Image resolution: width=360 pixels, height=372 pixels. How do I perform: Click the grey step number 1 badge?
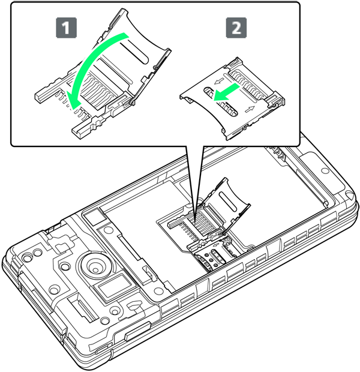(x=66, y=28)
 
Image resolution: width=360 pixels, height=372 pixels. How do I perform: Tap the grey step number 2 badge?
(x=236, y=28)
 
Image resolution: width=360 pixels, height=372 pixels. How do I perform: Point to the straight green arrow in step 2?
(x=227, y=92)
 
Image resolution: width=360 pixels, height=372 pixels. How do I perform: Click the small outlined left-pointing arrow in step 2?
(x=219, y=82)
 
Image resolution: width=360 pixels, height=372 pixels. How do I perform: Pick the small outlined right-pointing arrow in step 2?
(x=250, y=109)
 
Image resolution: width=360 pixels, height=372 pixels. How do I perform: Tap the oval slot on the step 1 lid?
(x=134, y=52)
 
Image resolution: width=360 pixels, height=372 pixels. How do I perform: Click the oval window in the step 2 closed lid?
(x=220, y=102)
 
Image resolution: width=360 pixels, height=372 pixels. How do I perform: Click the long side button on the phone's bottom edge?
(x=137, y=331)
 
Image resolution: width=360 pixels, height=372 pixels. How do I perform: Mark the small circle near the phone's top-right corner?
(x=325, y=170)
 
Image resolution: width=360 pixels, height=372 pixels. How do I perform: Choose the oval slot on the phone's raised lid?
(x=228, y=202)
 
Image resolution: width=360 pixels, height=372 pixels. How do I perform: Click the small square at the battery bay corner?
(x=94, y=217)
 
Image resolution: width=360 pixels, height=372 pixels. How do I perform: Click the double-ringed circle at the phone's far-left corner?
(x=28, y=257)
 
